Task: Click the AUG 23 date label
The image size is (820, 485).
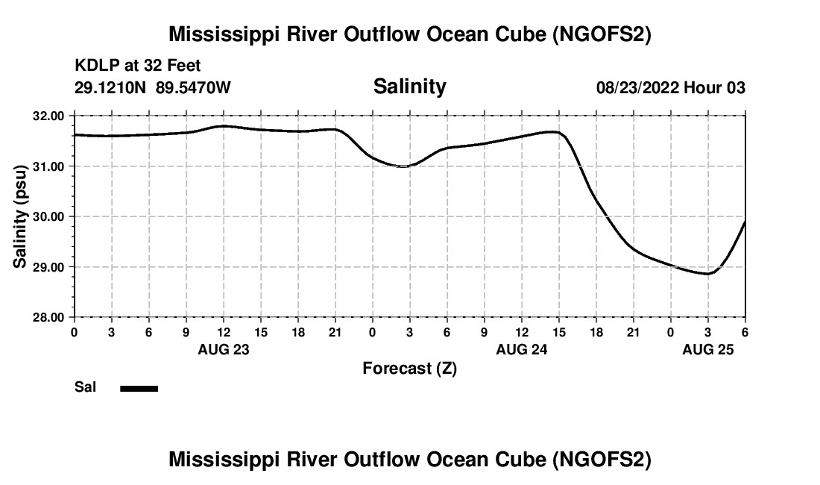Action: tap(223, 349)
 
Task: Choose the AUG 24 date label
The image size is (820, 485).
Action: tap(521, 349)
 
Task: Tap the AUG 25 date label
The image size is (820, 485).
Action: tap(707, 349)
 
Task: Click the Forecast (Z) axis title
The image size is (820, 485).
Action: tap(409, 369)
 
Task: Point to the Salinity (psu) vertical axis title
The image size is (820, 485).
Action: tap(21, 216)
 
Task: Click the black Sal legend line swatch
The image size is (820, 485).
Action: tap(139, 388)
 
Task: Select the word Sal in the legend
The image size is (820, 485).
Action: tap(85, 387)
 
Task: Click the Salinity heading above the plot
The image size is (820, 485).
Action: tap(409, 87)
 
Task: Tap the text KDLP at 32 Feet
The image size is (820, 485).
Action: tap(138, 66)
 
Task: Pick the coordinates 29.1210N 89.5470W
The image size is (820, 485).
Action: tap(153, 88)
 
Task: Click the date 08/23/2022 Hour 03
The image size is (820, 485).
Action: tap(670, 88)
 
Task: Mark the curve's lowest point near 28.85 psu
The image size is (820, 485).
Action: tap(707, 274)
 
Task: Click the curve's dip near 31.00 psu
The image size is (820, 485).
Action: tap(403, 166)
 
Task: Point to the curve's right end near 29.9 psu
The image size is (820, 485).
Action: tap(745, 222)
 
